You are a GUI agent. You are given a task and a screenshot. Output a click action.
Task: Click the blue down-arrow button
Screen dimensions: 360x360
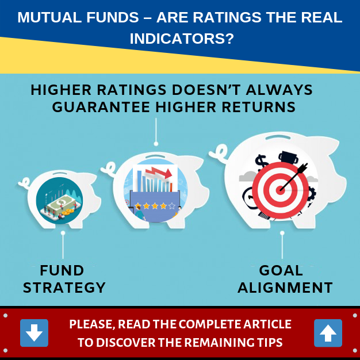pyautogui.click(x=34, y=332)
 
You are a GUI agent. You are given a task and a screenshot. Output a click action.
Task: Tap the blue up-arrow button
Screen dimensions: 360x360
pyautogui.click(x=328, y=333)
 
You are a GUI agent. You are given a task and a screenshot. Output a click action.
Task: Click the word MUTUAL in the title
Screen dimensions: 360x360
pyautogui.click(x=49, y=17)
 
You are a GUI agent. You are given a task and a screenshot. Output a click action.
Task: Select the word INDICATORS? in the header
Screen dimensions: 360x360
pyautogui.click(x=182, y=39)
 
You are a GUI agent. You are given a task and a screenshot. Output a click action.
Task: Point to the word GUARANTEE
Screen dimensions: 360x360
pyautogui.click(x=101, y=107)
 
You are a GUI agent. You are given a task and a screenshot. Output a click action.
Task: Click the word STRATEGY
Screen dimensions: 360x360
pyautogui.click(x=64, y=288)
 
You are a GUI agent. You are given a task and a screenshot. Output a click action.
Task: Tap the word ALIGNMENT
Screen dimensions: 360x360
pyautogui.click(x=285, y=288)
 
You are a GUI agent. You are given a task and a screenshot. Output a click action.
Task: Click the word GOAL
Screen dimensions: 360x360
pyautogui.click(x=281, y=270)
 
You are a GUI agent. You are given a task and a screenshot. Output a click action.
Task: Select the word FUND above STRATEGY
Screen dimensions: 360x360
pyautogui.click(x=62, y=270)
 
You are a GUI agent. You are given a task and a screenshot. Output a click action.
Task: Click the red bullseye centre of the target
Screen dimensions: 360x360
pyautogui.click(x=280, y=190)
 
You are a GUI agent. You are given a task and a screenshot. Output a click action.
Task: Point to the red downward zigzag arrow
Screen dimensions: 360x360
pyautogui.click(x=158, y=173)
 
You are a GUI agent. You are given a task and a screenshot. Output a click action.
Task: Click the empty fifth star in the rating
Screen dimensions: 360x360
pyautogui.click(x=172, y=206)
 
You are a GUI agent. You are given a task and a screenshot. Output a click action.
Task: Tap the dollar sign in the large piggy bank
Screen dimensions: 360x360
pyautogui.click(x=261, y=163)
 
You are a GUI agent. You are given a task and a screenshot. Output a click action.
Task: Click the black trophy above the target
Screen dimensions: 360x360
pyautogui.click(x=289, y=158)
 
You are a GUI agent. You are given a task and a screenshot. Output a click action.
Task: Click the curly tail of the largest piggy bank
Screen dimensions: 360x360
pyautogui.click(x=219, y=152)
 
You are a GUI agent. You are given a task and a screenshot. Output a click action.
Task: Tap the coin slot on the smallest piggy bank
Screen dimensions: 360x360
pyautogui.click(x=60, y=173)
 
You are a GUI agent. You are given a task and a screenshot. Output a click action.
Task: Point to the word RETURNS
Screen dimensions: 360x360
pyautogui.click(x=259, y=107)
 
